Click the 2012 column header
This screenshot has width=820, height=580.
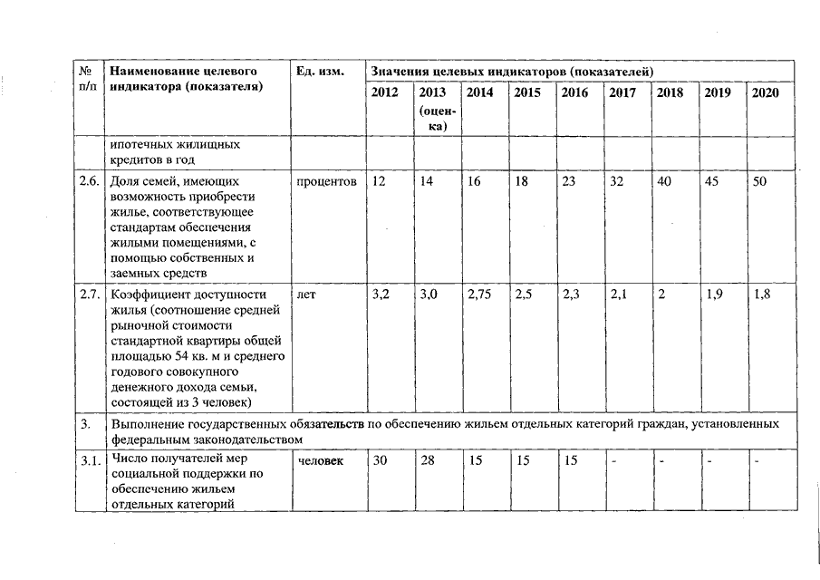(385, 92)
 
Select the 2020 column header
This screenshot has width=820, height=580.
(765, 92)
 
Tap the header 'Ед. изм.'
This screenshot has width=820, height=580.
(319, 71)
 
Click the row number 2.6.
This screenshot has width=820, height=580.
(89, 181)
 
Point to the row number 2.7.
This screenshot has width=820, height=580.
(89, 295)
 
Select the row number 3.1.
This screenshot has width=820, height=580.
(89, 461)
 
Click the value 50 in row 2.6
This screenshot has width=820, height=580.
(760, 181)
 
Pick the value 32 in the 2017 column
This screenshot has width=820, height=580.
(617, 181)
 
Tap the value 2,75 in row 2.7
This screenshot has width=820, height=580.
(480, 295)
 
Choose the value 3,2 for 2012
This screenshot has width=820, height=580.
(381, 295)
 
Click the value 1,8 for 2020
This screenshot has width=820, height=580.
(761, 295)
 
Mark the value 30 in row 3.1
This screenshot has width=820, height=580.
(381, 461)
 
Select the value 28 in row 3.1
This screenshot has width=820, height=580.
(429, 461)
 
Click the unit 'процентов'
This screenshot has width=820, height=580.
(326, 181)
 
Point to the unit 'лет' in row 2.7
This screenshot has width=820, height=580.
(305, 295)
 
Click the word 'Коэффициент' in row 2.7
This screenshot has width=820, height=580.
(146, 295)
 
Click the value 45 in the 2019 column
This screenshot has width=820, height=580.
(712, 181)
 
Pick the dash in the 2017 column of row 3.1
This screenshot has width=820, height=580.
(614, 461)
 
